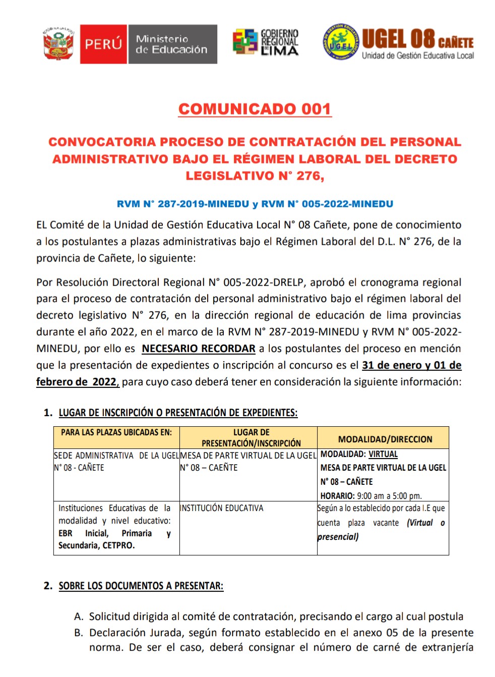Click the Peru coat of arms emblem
pos(58,44)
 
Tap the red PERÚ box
pos(103,44)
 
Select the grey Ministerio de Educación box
pos(172,44)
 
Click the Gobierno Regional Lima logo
pos(266,42)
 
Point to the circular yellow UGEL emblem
pos(341,42)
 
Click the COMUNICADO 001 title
pos(255,109)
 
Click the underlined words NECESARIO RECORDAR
pos(199,349)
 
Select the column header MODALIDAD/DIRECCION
pos(385,439)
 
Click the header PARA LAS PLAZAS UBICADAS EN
pos(116,432)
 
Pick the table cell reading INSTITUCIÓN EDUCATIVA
pos(222,508)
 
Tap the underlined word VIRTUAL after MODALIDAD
pos(383,454)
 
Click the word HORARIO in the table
pos(337,495)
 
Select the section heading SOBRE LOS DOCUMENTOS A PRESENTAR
pos(141,586)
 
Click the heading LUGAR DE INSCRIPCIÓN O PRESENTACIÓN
pos(178,413)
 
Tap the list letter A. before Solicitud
pos(78,616)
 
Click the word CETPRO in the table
pos(118,545)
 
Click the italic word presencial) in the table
pos(338,537)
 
